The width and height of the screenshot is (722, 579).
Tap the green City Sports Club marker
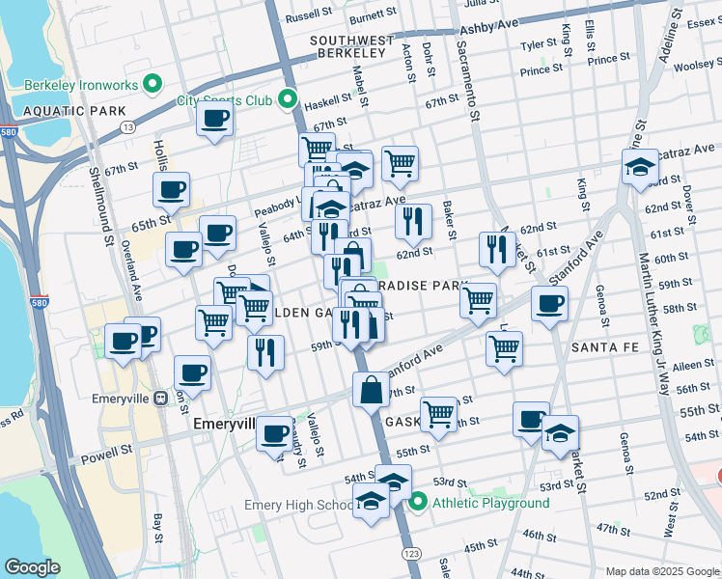click(287, 99)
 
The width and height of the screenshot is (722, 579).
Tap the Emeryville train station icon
click(161, 397)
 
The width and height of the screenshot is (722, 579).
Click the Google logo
click(32, 567)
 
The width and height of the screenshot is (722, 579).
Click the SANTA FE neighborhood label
click(601, 346)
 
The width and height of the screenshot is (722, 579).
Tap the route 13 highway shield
click(128, 127)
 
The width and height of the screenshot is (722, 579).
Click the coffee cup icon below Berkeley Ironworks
click(214, 120)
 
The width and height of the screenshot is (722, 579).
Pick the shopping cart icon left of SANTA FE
click(504, 349)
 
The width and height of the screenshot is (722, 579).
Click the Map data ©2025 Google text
click(660, 571)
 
